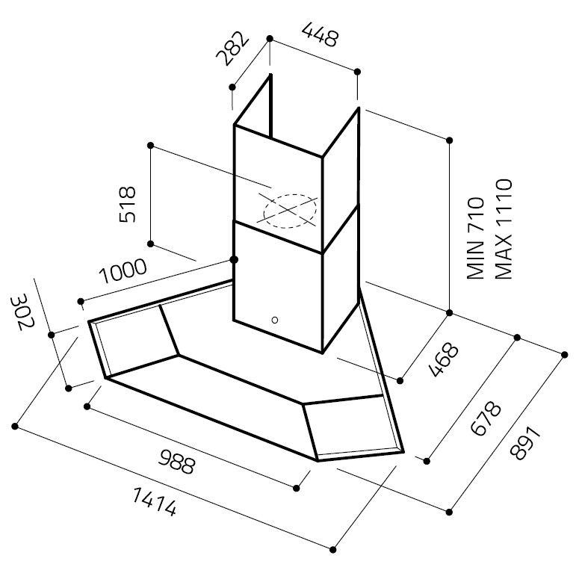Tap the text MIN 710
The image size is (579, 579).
[x=476, y=236]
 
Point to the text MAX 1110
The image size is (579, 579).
[x=502, y=229]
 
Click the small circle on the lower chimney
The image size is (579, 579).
[x=274, y=321]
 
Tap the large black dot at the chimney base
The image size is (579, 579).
[x=234, y=259]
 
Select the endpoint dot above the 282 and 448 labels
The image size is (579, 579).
[x=270, y=37]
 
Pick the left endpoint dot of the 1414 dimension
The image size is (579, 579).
[x=15, y=427]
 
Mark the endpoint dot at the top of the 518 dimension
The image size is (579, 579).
[x=151, y=145]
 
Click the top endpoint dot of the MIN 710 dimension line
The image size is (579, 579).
[x=450, y=140]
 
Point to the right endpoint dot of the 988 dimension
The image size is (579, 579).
[x=297, y=489]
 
